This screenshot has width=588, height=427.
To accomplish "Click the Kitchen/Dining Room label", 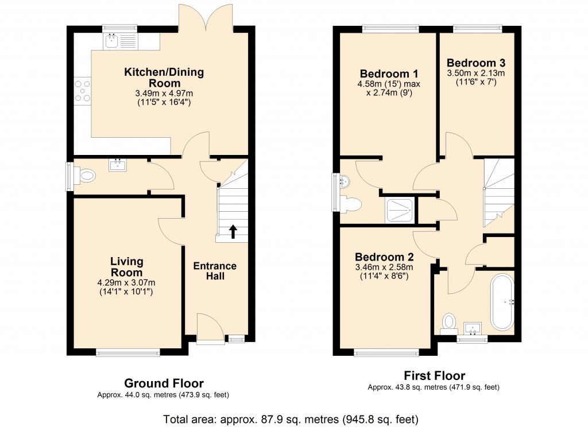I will [164, 78].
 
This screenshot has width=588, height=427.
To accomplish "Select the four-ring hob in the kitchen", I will [83, 91].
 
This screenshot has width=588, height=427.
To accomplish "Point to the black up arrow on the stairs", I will [233, 231].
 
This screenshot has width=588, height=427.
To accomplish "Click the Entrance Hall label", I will [215, 271].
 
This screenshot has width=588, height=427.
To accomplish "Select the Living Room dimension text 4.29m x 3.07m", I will [126, 282].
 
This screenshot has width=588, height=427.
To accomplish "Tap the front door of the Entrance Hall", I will [210, 329].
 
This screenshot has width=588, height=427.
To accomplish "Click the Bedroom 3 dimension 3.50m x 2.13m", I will [476, 73].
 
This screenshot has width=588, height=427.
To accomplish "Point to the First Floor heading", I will [434, 376].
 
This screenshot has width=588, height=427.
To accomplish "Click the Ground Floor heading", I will [164, 383].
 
